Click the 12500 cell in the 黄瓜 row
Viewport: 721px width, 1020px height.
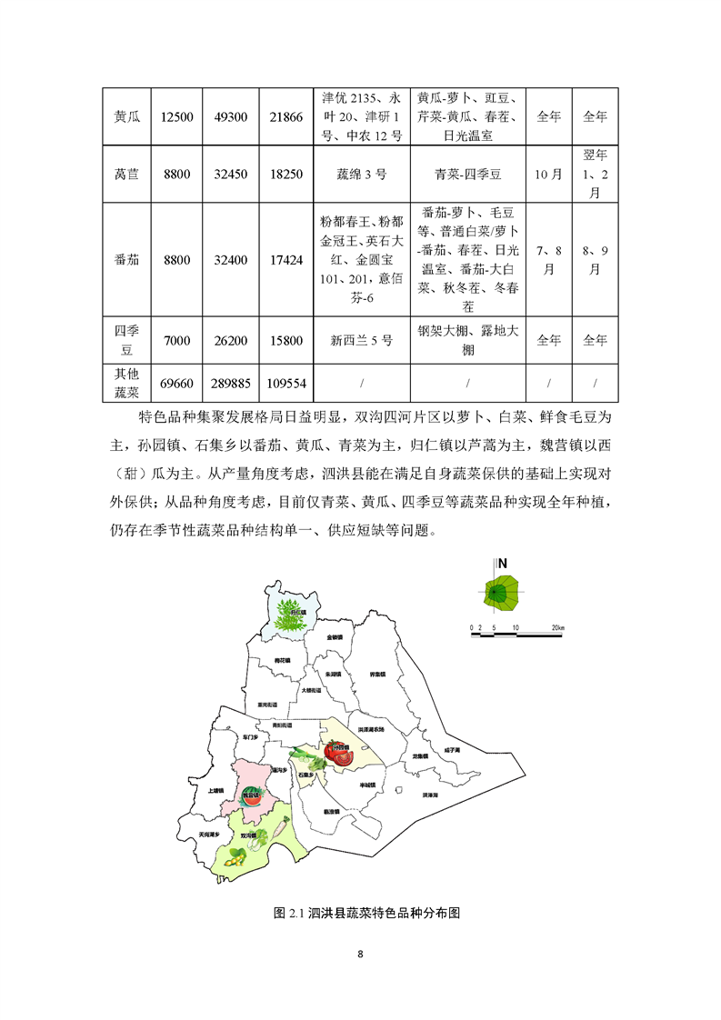pos(176,116)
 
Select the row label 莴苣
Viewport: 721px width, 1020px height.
pos(126,173)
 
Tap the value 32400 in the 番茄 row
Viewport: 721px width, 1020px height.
pos(231,260)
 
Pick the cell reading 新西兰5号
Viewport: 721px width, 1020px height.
pos(361,340)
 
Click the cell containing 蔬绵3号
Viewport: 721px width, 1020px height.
pos(361,173)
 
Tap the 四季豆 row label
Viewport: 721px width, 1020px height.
pos(126,340)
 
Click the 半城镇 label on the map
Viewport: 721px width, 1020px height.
pos(367,785)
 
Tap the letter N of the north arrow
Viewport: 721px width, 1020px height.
pos(502,563)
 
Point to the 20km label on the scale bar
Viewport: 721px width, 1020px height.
pos(557,628)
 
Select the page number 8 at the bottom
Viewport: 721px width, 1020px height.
pos(361,955)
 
